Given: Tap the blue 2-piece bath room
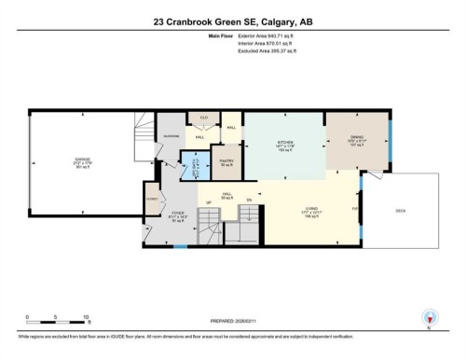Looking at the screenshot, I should [196, 167].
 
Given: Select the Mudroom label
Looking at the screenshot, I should [171, 135].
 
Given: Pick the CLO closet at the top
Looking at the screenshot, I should [203, 118].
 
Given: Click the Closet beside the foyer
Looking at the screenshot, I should [152, 198].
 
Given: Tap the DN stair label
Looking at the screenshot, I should [249, 200].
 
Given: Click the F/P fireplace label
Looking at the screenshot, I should [354, 207].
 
